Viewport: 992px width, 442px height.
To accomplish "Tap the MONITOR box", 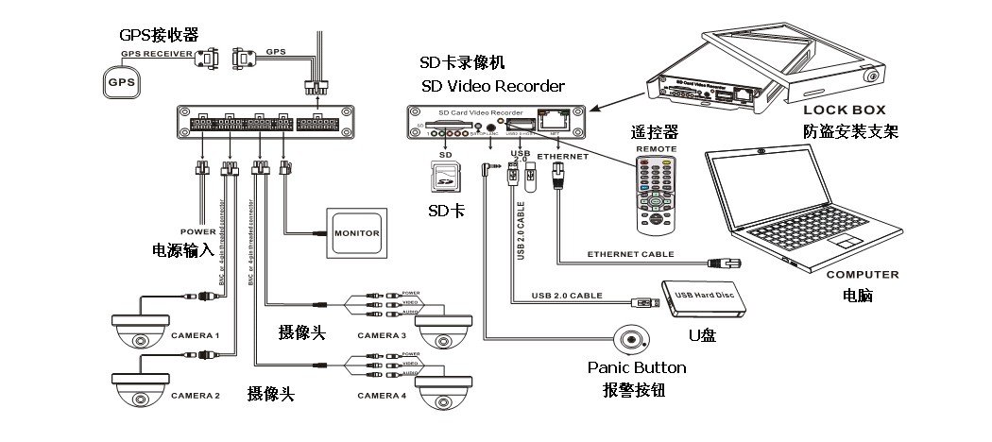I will (356, 231).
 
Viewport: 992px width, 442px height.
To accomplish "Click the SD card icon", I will (443, 177).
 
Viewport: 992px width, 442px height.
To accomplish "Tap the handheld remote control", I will (657, 195).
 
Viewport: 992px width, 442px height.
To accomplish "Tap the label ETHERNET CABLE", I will (630, 255).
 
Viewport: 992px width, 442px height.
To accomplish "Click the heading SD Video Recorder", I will (493, 87).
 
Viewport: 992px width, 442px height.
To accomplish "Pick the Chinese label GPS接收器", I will (158, 34).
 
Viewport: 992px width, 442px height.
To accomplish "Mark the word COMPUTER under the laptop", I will (862, 275).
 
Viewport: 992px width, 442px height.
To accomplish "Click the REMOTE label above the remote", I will (658, 149).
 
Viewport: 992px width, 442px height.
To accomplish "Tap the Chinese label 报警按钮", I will (635, 389).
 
